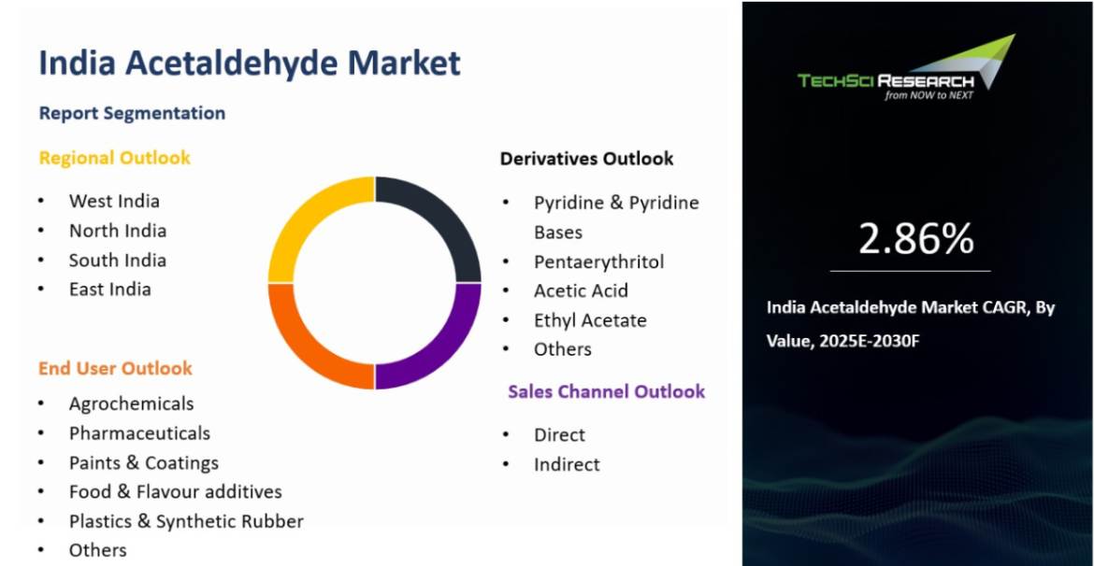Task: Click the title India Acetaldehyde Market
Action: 249,63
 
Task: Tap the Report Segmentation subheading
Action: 132,113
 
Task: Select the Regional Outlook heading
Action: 114,158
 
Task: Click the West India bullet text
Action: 114,202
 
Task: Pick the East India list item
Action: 109,290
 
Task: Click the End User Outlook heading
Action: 115,368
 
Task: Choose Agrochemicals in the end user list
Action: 131,403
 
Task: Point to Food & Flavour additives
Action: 175,491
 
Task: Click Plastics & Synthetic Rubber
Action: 186,521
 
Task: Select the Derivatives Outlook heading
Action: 587,159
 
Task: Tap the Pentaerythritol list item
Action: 598,262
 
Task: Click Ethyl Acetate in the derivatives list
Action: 590,320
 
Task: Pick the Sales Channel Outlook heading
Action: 606,391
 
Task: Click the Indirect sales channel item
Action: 567,464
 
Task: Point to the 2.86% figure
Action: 915,239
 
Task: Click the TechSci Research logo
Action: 906,68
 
